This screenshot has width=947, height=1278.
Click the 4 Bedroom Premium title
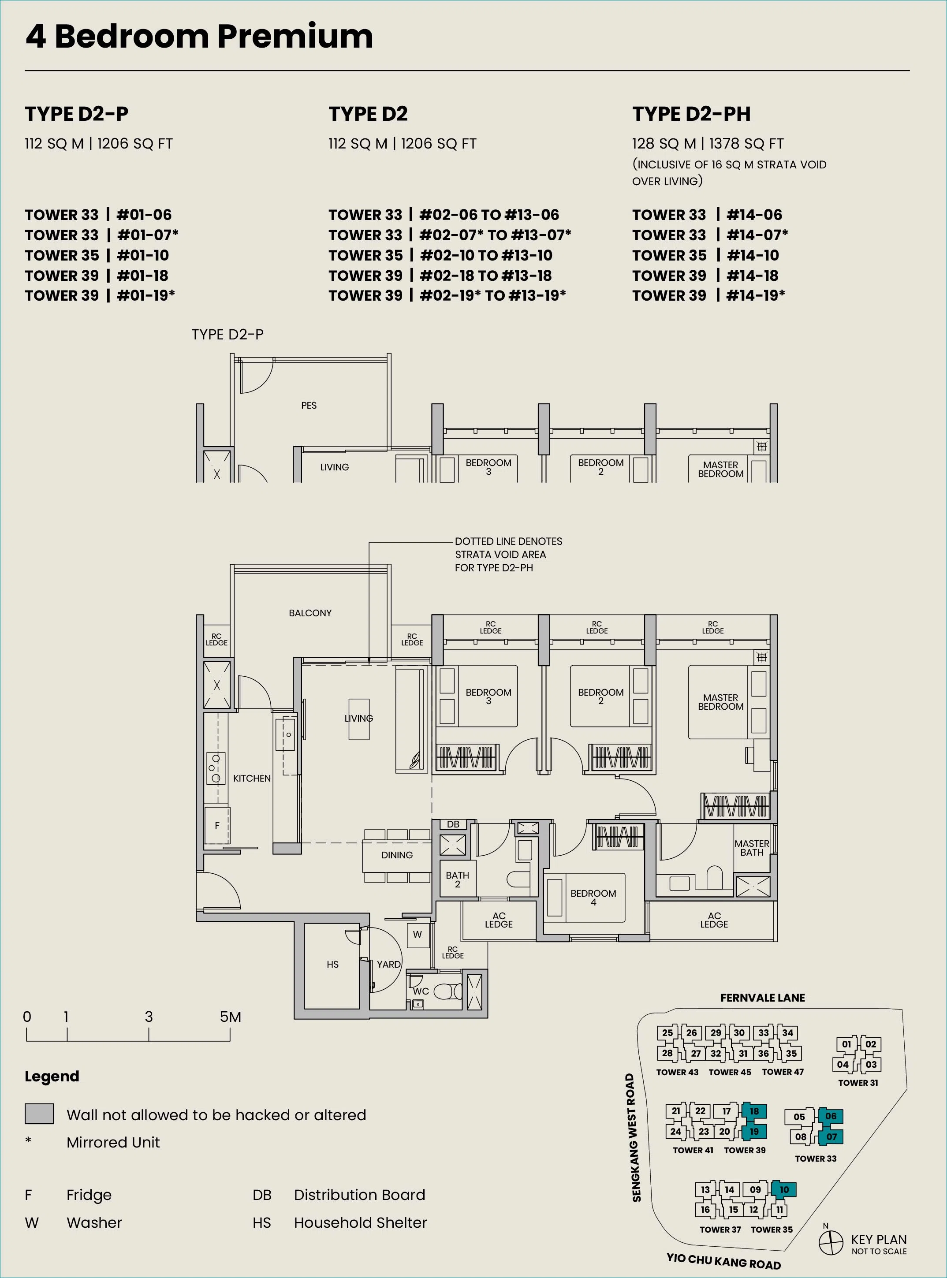(199, 36)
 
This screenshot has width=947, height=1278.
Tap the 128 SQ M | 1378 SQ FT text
(708, 143)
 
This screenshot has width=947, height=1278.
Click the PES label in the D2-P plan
(309, 405)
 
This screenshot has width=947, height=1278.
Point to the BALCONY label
(310, 613)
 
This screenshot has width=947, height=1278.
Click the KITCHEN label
(252, 778)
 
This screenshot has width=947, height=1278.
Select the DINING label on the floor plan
(397, 854)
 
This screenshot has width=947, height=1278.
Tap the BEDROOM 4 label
(593, 898)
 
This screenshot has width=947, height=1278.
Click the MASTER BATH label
(752, 848)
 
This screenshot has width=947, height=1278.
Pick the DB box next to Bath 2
(453, 824)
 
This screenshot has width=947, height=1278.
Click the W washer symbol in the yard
(418, 934)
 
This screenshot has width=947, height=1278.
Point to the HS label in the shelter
(332, 965)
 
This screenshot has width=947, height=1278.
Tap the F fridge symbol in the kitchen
(217, 826)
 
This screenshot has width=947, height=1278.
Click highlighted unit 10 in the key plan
(783, 1189)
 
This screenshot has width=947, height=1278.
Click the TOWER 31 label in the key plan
(858, 1083)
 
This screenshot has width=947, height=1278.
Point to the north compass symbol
(830, 1242)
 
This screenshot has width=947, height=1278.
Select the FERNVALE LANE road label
(762, 998)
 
